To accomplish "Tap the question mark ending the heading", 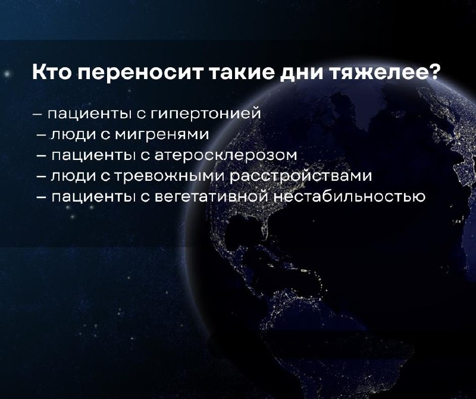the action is tap(432, 72).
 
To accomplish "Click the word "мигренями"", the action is tap(161, 135).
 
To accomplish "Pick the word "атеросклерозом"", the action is tap(226, 156).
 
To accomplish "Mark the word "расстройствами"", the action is tap(300, 176).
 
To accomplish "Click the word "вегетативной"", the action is tap(212, 197).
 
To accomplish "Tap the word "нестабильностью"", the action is tap(349, 197).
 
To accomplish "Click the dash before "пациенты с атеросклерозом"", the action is tap(42, 156).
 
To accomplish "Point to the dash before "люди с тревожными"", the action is tap(42, 177).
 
